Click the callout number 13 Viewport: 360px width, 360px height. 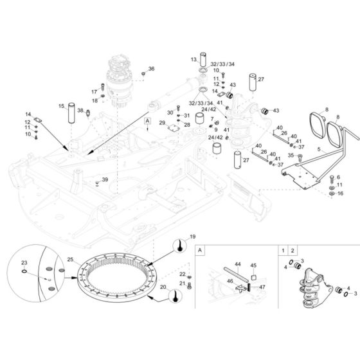[193, 59]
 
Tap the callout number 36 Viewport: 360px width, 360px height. [152, 69]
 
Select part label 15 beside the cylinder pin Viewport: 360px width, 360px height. [62, 105]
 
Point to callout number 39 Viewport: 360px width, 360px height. [105, 180]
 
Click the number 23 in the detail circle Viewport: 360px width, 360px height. [24, 262]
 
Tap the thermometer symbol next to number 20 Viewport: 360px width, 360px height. [172, 295]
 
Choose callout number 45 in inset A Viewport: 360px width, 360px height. [253, 265]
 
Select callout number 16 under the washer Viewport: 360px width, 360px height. [341, 193]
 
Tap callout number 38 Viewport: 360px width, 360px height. [80, 111]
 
